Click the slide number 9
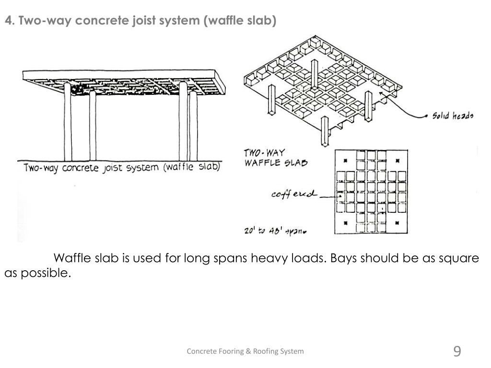pos(457,352)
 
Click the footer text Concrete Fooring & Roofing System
pos(245,351)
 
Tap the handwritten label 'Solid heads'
pos(453,115)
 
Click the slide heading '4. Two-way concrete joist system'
pos(140,21)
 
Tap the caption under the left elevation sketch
pos(122,168)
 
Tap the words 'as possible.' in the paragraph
pos(37,273)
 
